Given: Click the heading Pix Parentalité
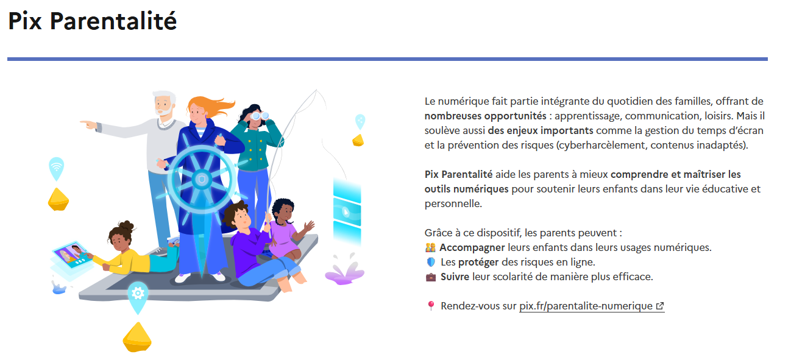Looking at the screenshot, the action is coord(92,21).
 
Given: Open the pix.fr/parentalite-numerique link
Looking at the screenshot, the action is coord(586,306).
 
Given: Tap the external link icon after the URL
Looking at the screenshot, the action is coord(660,306).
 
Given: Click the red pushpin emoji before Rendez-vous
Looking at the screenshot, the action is coord(430,306).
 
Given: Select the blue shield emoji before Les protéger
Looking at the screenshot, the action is coord(430,262).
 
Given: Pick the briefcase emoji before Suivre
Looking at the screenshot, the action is coord(430,277).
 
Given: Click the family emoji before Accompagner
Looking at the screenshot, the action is coord(430,247).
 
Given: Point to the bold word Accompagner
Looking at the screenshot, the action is coord(472,247).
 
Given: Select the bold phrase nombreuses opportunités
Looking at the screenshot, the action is coord(486,116).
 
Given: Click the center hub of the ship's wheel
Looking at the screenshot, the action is coord(202,180).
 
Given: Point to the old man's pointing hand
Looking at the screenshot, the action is coord(88,125).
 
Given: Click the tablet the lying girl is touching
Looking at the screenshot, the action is coord(73,255).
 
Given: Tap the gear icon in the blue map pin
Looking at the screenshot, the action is coord(138,293).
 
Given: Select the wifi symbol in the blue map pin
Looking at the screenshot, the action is coord(57,166).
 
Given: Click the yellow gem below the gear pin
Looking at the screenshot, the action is coord(137,337).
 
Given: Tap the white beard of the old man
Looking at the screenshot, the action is coord(165,110).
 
